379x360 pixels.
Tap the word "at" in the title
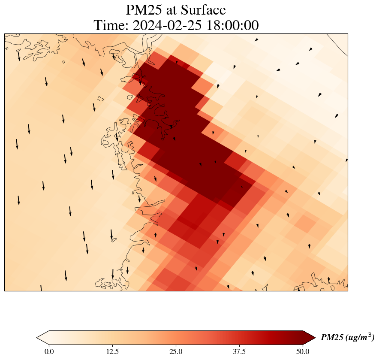pos(177,9)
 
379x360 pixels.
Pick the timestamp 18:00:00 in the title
pos(232,26)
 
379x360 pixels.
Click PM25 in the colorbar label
pos(331,338)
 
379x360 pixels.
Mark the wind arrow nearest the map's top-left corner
pos(19,56)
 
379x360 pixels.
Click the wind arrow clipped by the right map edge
pos(346,160)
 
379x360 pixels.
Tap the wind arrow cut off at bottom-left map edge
pos(41,288)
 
